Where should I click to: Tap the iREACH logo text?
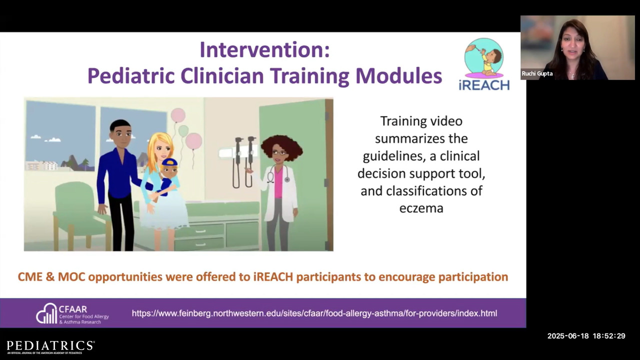point(484,85)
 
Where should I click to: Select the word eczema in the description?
point(421,208)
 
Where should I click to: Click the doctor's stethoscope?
point(276,174)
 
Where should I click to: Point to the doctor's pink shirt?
point(278,182)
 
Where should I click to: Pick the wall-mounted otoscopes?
point(243,162)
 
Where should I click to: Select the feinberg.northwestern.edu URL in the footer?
point(314,313)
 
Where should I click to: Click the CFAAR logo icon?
point(46,313)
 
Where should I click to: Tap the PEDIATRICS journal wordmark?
point(50,345)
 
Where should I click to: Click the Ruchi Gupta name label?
point(537,73)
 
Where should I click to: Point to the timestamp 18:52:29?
point(609,336)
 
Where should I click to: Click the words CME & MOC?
point(51,277)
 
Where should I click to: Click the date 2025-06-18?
point(567,336)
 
